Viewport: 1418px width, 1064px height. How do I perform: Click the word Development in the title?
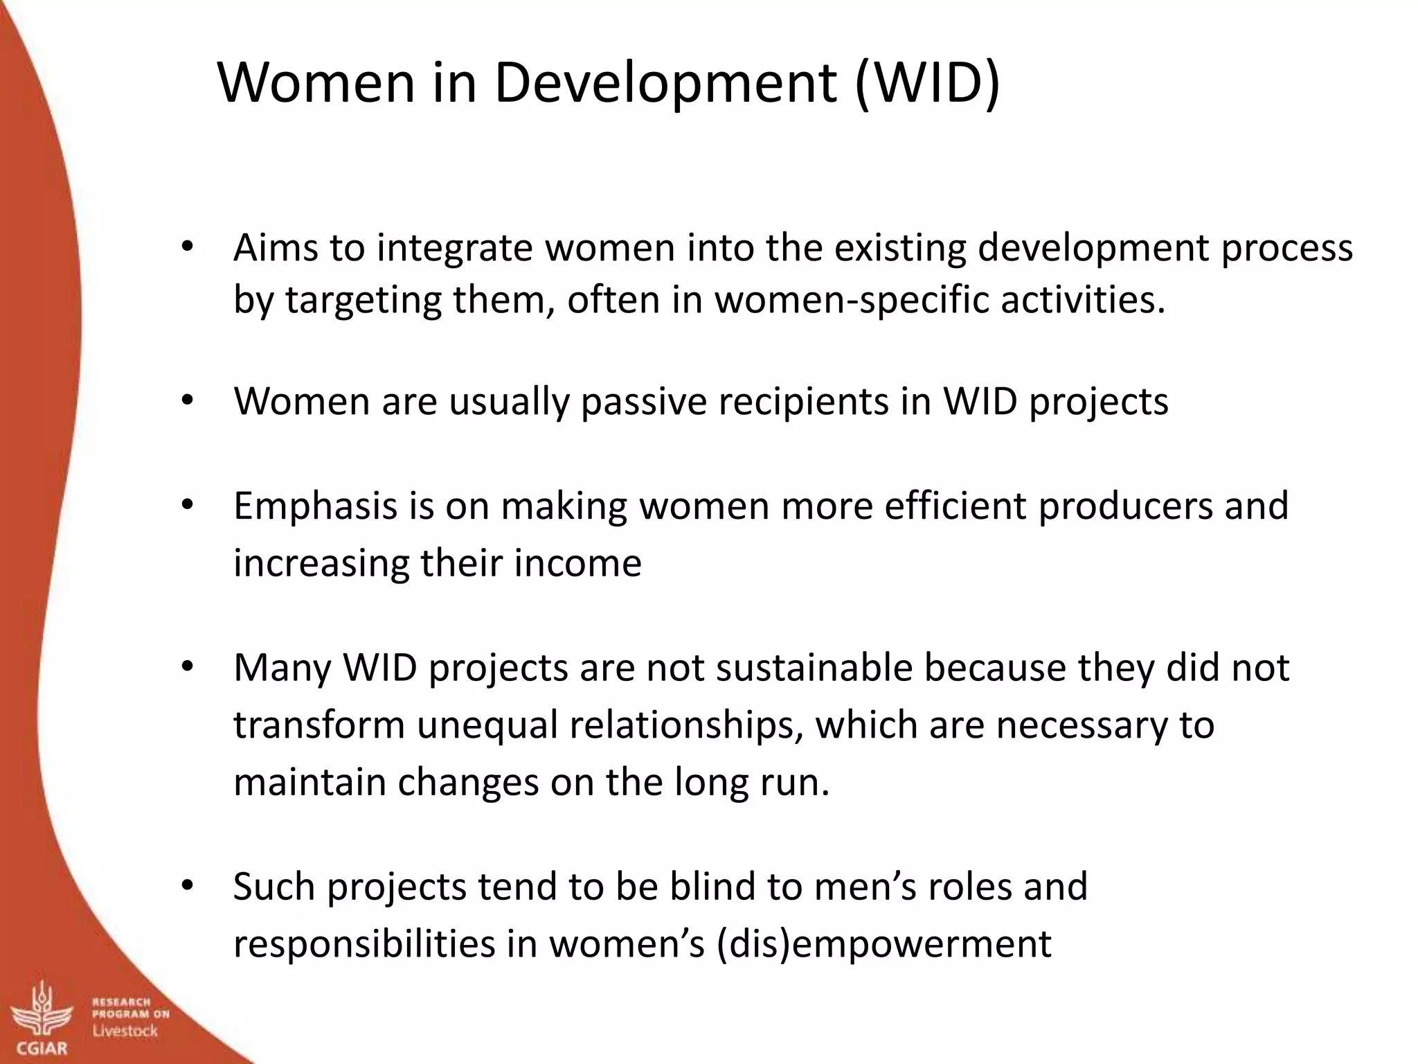(665, 83)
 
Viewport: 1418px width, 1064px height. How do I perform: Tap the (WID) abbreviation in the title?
(928, 83)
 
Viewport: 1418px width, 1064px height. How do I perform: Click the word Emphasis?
(315, 506)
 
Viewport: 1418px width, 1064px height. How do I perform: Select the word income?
(577, 562)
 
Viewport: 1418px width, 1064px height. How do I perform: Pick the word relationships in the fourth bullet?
(686, 725)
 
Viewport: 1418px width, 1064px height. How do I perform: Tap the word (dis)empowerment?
(883, 943)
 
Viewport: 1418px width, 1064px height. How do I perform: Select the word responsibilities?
(364, 943)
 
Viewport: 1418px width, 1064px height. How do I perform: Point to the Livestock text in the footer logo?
(125, 1031)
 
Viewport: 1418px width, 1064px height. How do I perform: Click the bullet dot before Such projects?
(187, 886)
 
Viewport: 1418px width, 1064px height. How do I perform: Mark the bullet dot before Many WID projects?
(187, 668)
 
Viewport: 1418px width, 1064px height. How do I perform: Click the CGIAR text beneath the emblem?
(42, 1049)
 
